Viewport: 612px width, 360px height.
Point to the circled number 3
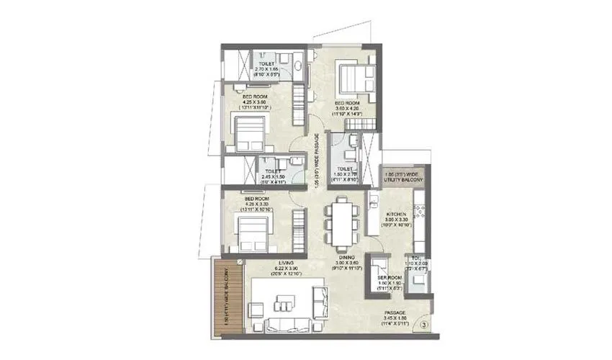point(424,325)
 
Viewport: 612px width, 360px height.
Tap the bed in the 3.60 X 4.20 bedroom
point(354,81)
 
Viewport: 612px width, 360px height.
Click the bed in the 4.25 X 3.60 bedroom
point(247,133)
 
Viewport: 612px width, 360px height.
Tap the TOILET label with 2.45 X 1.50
point(271,171)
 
